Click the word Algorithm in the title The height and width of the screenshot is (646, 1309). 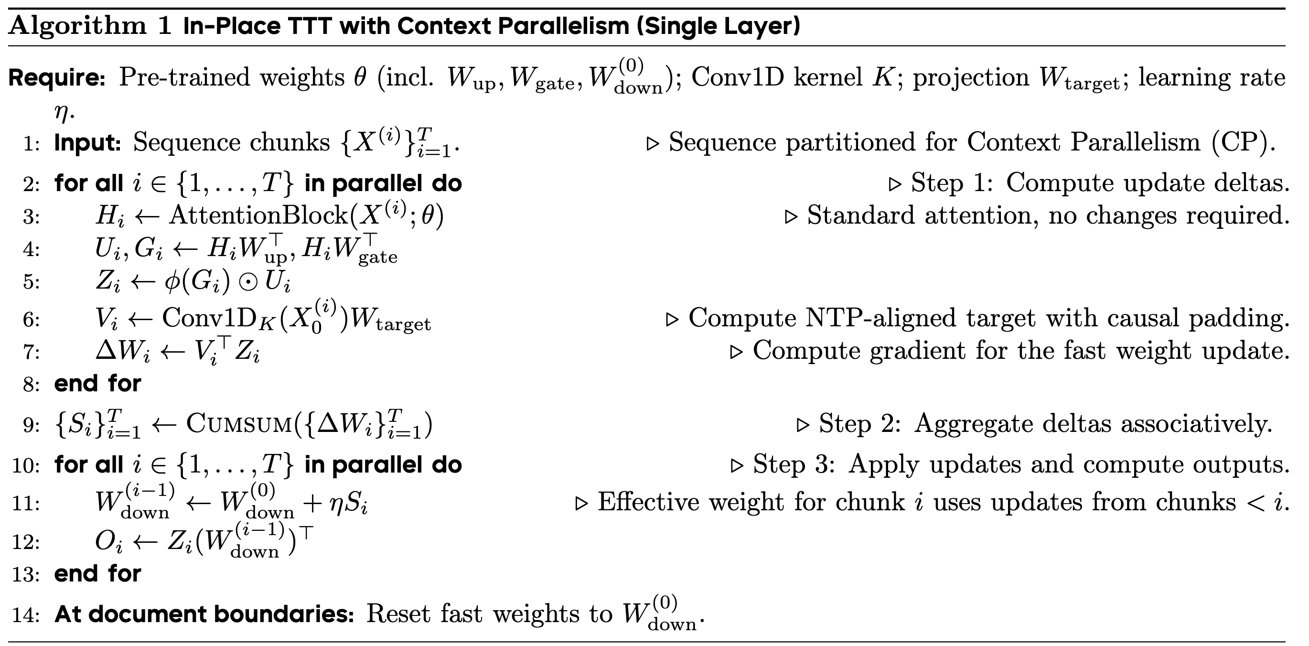(77, 25)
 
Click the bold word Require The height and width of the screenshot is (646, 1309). (56, 78)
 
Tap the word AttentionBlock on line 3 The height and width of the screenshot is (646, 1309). (258, 215)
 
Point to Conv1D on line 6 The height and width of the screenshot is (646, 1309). (209, 319)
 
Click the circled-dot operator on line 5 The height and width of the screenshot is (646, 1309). (248, 282)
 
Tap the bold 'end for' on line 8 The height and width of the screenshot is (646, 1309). (97, 384)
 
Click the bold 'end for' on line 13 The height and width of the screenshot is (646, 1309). (97, 574)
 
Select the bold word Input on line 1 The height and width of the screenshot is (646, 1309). (87, 143)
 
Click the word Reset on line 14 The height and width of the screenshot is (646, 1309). (398, 614)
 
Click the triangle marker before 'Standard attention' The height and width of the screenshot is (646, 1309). (791, 217)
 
